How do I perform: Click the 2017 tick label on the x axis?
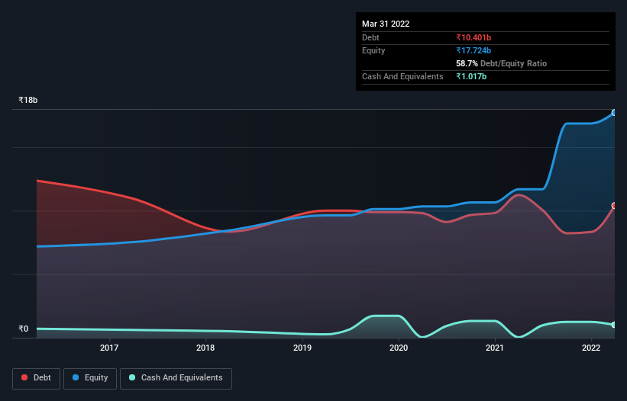pos(109,348)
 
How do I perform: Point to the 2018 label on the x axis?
pos(205,348)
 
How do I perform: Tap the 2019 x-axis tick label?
pos(302,348)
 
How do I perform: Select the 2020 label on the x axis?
pos(399,348)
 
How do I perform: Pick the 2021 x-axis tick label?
pos(495,348)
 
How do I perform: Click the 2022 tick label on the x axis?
pos(591,348)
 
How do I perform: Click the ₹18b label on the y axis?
pos(28,101)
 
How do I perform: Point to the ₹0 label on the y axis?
pos(24,329)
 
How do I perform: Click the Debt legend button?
pos(37,378)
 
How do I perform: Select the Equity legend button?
pos(91,378)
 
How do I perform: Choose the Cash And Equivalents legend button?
pos(176,378)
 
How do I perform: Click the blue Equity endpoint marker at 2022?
pos(614,113)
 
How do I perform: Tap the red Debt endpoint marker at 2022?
pos(614,206)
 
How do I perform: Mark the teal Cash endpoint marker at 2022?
pos(614,325)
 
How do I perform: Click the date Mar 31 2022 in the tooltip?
pos(386,24)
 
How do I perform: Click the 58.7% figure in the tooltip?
pos(467,63)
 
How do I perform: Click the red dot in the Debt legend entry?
pos(25,378)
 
